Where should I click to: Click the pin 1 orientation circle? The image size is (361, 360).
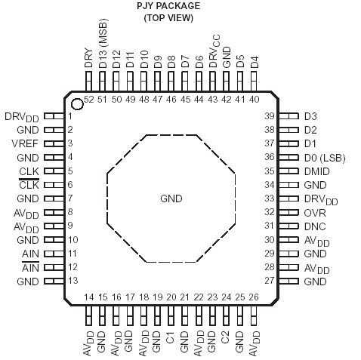click(76, 103)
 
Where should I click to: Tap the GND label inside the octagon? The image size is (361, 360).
click(171, 198)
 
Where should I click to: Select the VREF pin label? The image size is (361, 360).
click(28, 143)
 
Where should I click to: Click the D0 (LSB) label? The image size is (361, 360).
click(326, 157)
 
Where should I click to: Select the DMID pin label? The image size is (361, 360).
click(317, 171)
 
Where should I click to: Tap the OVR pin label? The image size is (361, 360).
click(315, 212)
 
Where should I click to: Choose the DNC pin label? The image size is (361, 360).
click(315, 226)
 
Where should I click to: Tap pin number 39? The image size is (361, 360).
click(290, 115)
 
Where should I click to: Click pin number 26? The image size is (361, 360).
click(253, 297)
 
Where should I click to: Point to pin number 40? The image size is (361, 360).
click(254, 99)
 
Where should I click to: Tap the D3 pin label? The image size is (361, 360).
click(310, 115)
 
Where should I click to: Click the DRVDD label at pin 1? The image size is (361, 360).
click(20, 116)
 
